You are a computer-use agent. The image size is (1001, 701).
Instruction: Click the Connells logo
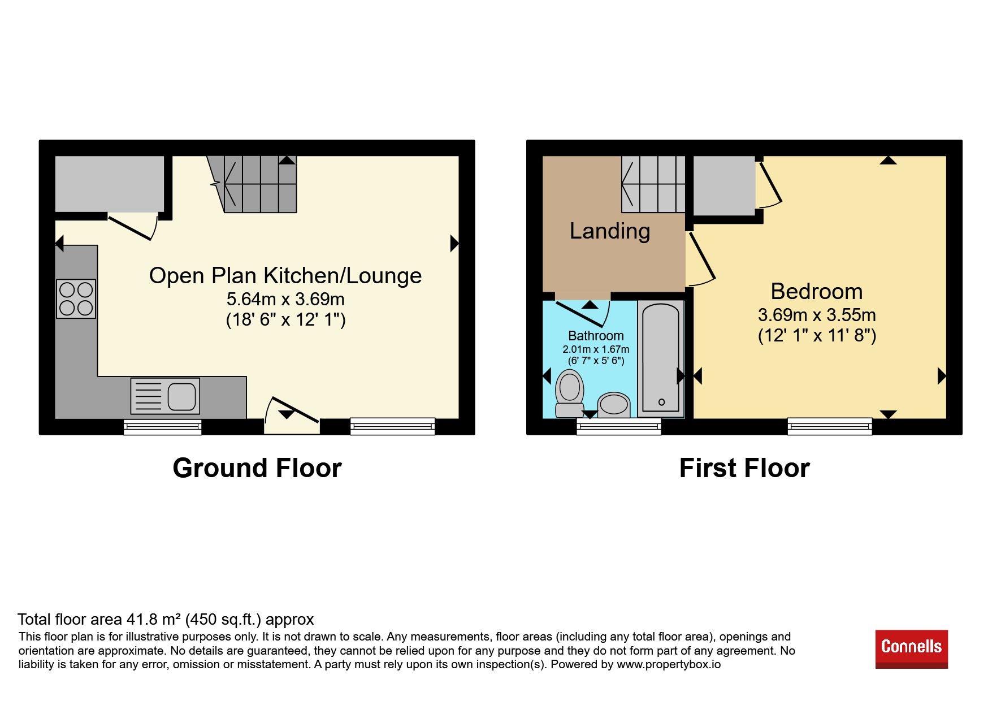click(x=911, y=649)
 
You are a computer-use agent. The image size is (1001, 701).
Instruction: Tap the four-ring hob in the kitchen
click(x=76, y=299)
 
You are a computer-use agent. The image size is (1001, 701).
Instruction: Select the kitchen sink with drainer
click(x=165, y=396)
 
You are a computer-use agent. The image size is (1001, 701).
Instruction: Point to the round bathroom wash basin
click(x=614, y=405)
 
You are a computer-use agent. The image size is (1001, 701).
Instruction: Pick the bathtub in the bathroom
click(x=661, y=359)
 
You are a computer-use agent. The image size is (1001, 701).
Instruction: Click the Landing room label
click(x=610, y=231)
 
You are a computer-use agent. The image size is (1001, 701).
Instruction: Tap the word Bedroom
click(x=817, y=292)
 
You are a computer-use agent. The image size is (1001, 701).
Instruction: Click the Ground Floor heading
click(x=257, y=468)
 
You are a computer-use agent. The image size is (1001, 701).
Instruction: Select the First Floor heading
click(x=744, y=468)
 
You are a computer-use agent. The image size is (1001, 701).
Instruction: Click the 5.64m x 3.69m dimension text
click(x=285, y=299)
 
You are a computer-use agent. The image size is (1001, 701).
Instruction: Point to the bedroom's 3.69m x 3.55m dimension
click(x=817, y=315)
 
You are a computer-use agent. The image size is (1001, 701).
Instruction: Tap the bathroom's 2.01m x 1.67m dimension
click(x=596, y=349)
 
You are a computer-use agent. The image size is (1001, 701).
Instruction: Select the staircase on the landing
click(x=653, y=184)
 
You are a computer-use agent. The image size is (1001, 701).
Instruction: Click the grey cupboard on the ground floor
click(x=110, y=184)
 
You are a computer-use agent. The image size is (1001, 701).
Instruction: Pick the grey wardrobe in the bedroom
click(x=724, y=186)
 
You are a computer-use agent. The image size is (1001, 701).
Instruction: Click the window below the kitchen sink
click(x=163, y=426)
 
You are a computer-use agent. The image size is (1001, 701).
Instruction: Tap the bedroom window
click(x=830, y=426)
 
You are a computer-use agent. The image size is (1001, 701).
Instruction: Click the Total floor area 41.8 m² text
click(x=166, y=620)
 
